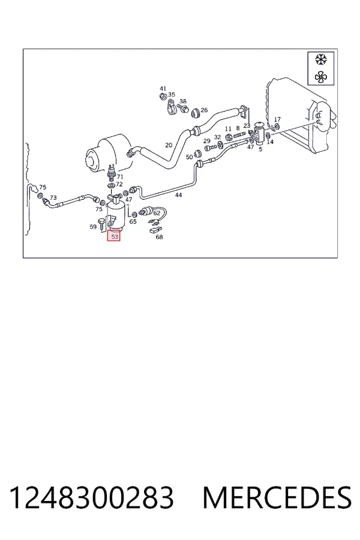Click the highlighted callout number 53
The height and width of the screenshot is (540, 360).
(x=114, y=236)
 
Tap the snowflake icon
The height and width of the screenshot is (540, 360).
(x=321, y=59)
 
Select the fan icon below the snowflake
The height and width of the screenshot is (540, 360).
(x=321, y=77)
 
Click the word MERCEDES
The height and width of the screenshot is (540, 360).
(x=277, y=497)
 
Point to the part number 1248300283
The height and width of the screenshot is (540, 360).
(x=91, y=497)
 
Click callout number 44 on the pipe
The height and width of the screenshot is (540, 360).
(x=178, y=195)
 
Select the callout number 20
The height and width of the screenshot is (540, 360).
(x=169, y=145)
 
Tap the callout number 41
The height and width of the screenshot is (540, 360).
(x=163, y=89)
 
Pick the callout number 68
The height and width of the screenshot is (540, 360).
(x=159, y=237)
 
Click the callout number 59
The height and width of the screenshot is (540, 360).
(x=93, y=227)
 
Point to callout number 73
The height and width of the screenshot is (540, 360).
(x=53, y=197)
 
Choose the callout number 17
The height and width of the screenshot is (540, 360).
(x=277, y=119)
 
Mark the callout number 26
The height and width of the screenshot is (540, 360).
(x=204, y=110)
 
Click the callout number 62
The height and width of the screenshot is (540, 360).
(x=157, y=213)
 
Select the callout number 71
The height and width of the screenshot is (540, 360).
(x=120, y=176)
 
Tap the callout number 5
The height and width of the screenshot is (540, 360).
(x=260, y=149)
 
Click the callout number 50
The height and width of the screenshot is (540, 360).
(x=189, y=157)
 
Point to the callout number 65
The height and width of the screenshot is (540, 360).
(x=133, y=221)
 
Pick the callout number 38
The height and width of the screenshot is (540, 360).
(x=183, y=101)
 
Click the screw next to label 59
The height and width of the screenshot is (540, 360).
(x=102, y=224)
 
